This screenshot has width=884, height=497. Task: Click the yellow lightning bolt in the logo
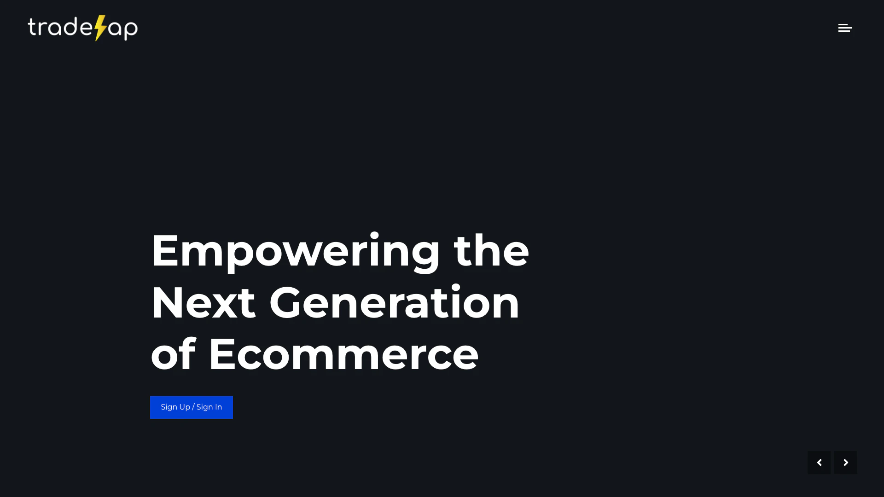tap(101, 28)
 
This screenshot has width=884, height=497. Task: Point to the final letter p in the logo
tap(130, 30)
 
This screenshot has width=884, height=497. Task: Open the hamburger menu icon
tap(845, 28)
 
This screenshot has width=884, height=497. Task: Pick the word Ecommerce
tap(344, 354)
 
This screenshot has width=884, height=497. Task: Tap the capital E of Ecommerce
tap(223, 354)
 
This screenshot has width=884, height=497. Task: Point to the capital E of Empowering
tap(164, 250)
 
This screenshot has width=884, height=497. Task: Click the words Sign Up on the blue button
tap(175, 407)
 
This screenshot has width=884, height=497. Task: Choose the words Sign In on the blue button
tap(209, 407)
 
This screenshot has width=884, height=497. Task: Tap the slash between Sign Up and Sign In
tap(193, 407)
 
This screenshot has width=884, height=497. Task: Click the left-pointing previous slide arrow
tap(819, 462)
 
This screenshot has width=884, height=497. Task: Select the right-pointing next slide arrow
tap(846, 462)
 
